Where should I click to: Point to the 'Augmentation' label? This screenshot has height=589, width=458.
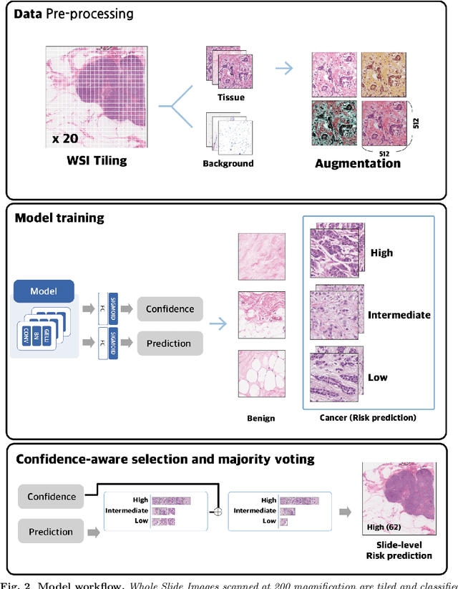point(358,163)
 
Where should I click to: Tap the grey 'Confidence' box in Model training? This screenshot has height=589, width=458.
point(170,309)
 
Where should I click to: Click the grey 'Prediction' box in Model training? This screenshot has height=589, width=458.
point(170,344)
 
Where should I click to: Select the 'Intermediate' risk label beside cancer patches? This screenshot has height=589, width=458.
point(399,315)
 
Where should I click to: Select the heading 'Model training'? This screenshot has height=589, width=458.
point(59,218)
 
